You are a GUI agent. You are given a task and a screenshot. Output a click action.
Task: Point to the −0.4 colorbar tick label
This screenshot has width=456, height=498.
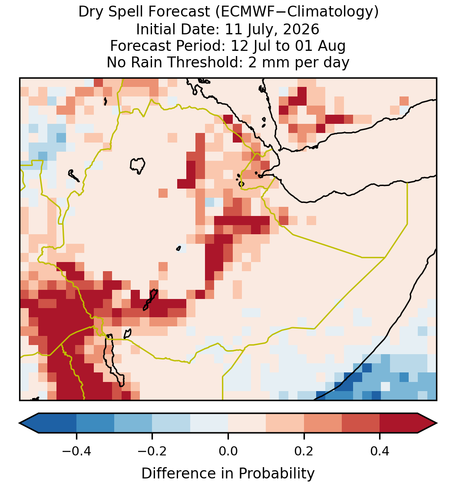[76, 451]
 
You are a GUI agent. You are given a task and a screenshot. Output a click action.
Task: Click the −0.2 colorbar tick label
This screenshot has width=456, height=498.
[152, 451]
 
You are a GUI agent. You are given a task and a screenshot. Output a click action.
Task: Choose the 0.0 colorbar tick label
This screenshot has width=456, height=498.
[228, 451]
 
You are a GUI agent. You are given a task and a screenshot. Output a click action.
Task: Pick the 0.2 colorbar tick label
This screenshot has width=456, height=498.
[304, 451]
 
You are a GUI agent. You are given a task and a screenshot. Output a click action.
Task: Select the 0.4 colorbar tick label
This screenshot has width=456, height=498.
[380, 451]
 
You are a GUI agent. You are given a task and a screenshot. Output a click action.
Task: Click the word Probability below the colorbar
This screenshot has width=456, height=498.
[276, 474]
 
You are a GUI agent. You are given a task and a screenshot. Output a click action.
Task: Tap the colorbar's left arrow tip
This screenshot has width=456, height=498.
[20, 423]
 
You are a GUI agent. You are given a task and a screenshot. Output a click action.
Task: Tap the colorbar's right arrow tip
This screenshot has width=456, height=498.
[437, 423]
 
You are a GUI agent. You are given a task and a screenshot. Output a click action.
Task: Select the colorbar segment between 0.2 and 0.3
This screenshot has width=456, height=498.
[323, 423]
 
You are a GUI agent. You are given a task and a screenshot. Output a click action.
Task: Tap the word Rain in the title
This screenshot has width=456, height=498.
[149, 62]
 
